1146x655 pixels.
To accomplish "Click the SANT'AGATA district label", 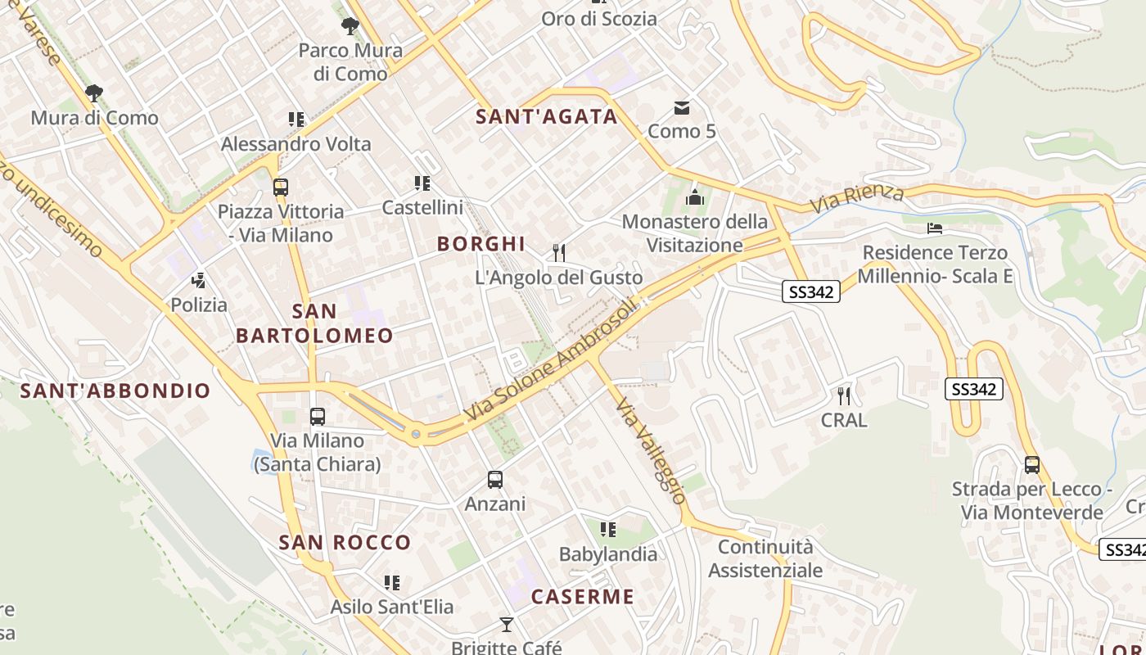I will (547, 116).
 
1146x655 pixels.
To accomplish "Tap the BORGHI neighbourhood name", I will (481, 244).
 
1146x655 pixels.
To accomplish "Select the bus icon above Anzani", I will (495, 480).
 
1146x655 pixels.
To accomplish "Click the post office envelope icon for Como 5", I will (681, 107).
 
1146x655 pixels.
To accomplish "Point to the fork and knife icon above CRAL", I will (844, 396).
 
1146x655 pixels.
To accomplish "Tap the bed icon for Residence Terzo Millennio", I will (935, 228).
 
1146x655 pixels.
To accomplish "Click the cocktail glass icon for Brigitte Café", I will (507, 625).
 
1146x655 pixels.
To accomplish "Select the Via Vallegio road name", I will (651, 450).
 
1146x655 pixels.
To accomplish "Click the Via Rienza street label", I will (857, 198).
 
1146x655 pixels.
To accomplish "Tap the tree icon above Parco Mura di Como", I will (350, 26).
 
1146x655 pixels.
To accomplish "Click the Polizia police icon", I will (198, 281).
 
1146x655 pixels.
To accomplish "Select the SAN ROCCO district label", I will (345, 542).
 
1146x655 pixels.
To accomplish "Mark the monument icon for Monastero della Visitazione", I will (695, 197).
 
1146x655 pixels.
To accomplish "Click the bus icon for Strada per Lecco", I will (1031, 465).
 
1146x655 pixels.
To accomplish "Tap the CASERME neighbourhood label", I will (582, 596).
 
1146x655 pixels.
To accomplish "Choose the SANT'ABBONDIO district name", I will (115, 391).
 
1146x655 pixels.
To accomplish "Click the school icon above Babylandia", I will (607, 530).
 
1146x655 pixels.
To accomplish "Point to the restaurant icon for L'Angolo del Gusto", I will (559, 252).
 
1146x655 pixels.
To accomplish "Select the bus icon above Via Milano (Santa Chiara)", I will (318, 417).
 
